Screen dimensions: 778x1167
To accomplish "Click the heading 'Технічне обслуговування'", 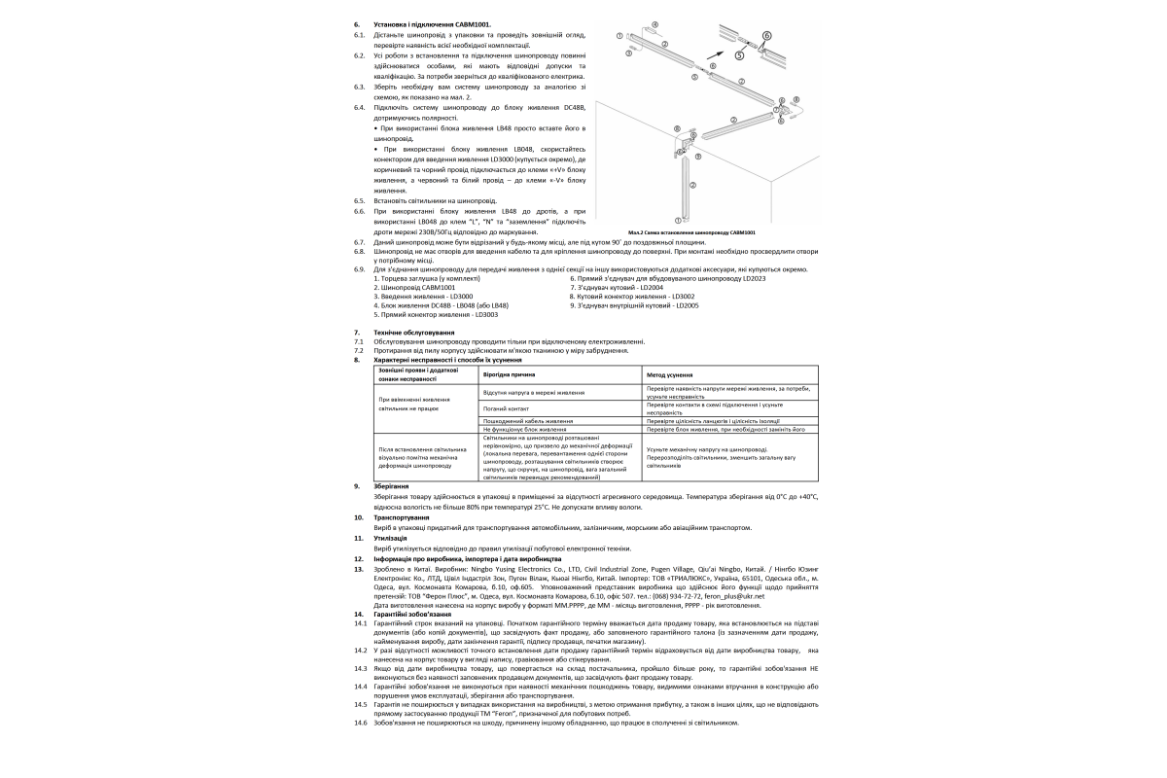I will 409,333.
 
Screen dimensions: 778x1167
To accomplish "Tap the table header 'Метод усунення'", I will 670,374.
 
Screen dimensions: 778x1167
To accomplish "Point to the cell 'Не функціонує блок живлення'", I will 525,429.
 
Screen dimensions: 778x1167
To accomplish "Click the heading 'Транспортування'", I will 401,517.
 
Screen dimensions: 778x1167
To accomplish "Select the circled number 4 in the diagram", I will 654,23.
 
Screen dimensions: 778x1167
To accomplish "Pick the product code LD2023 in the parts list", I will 755,278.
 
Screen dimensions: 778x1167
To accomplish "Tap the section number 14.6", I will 360,723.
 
